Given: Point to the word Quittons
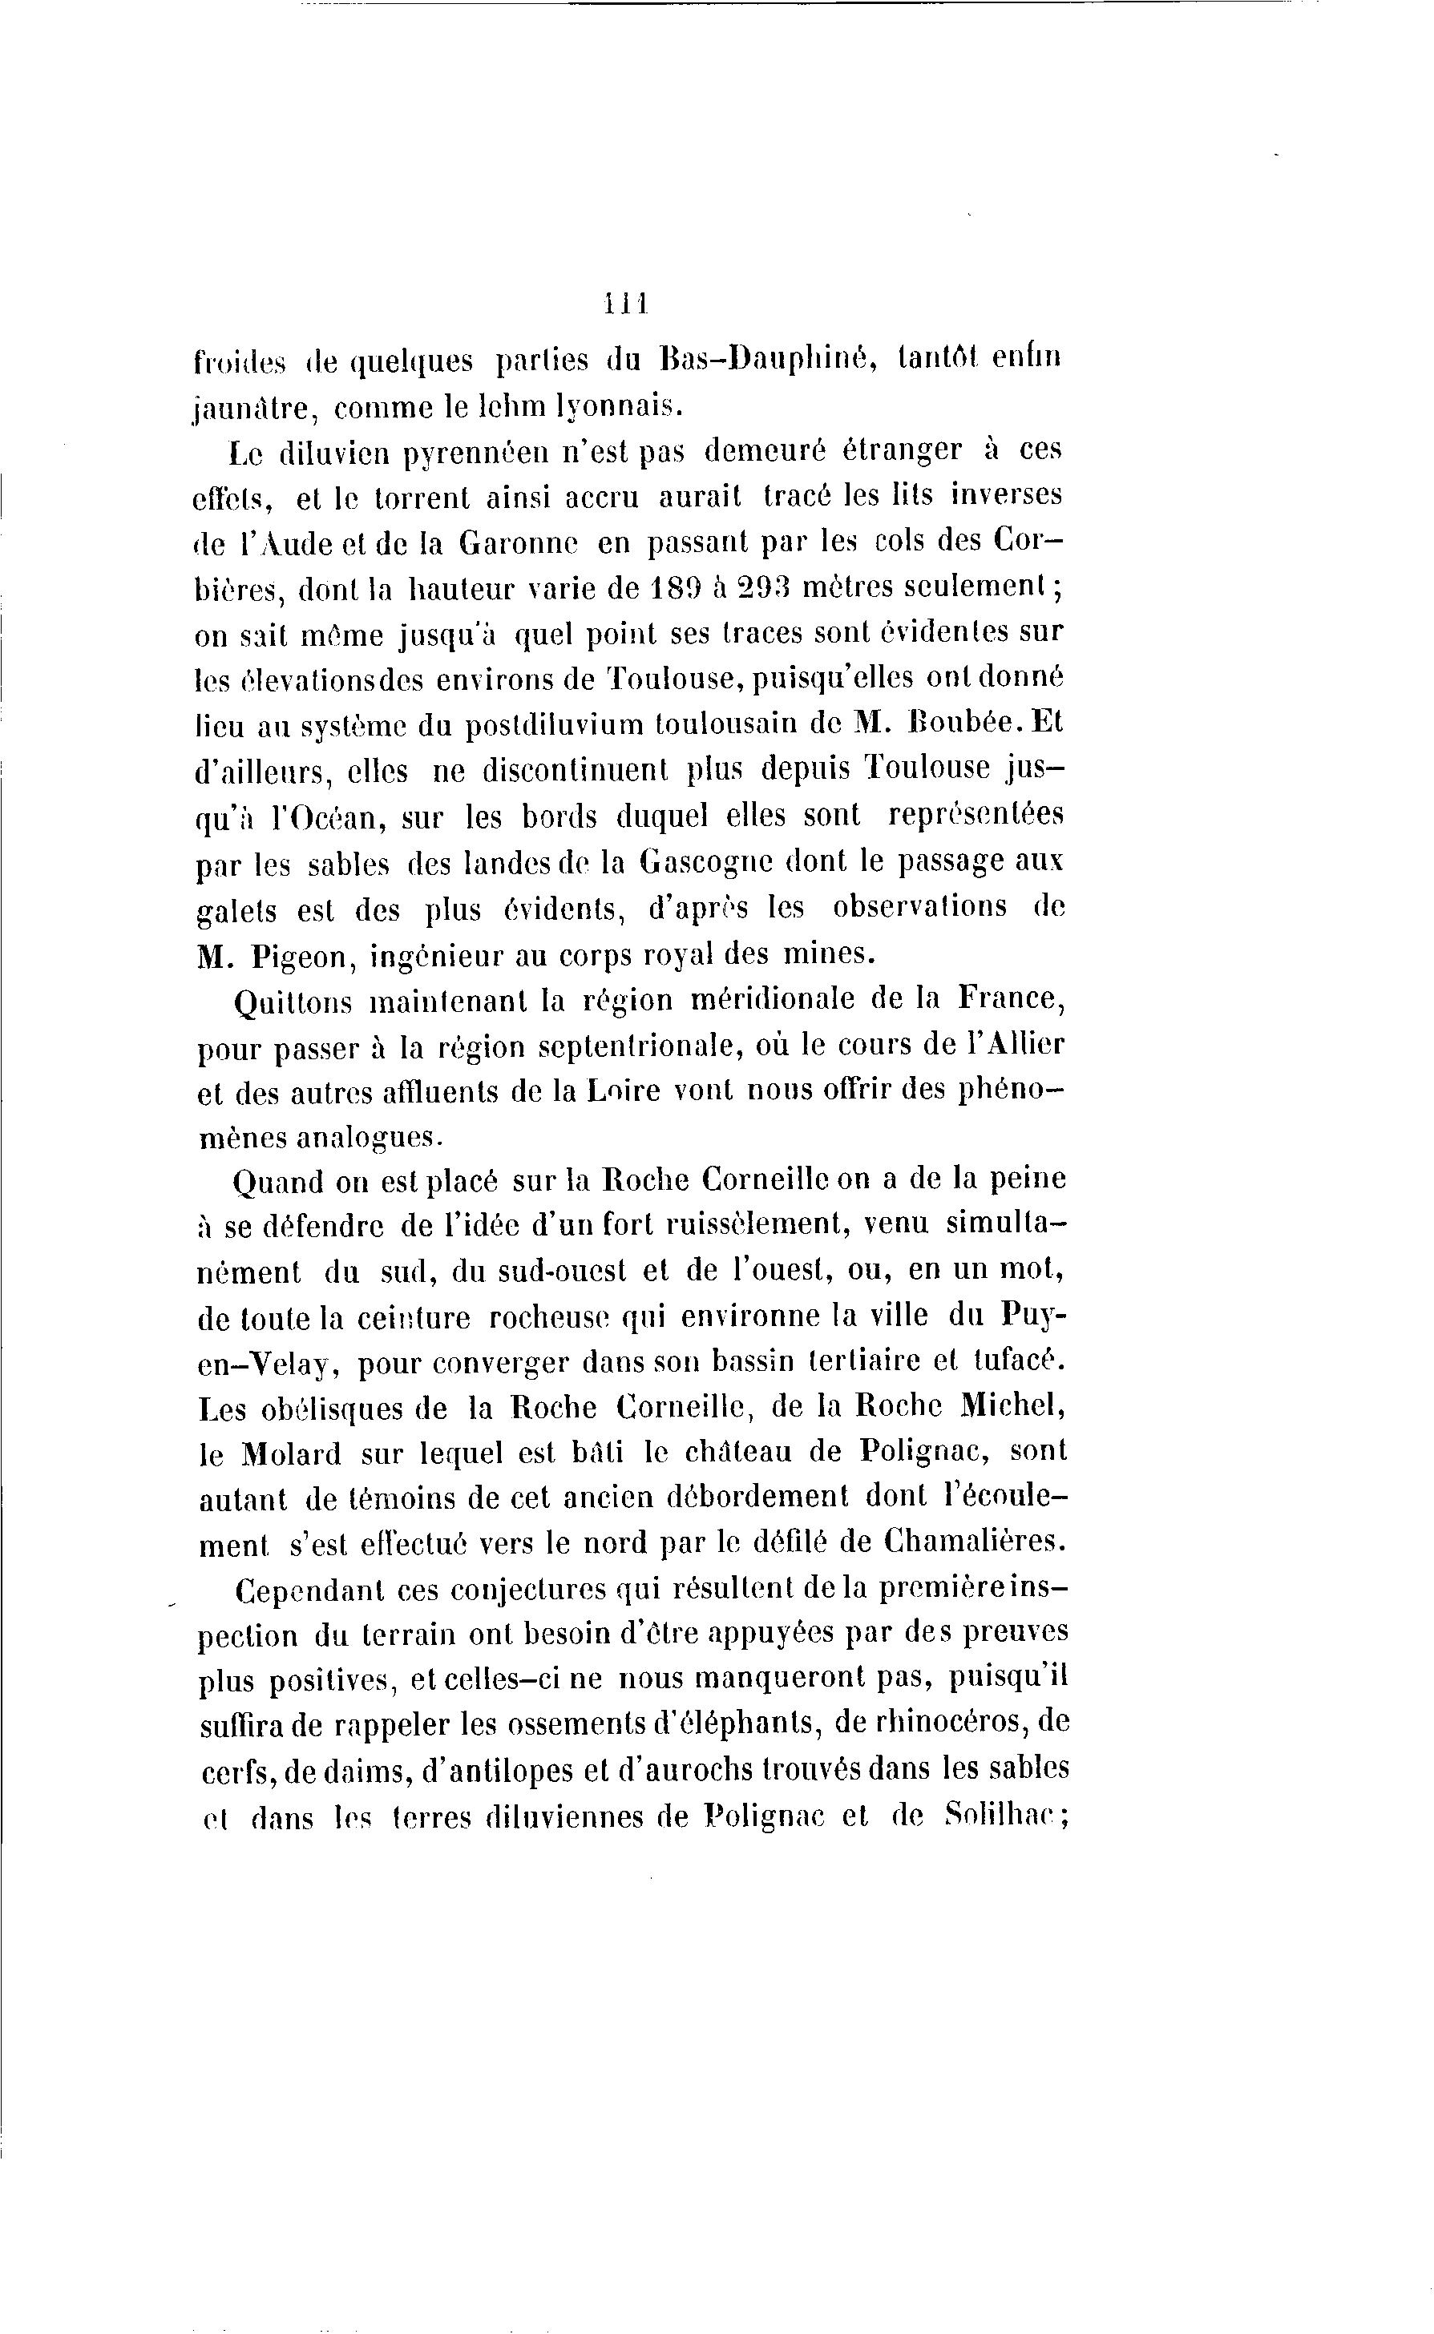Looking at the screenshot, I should (x=292, y=1003).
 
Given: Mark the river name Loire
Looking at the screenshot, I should (x=620, y=1091).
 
